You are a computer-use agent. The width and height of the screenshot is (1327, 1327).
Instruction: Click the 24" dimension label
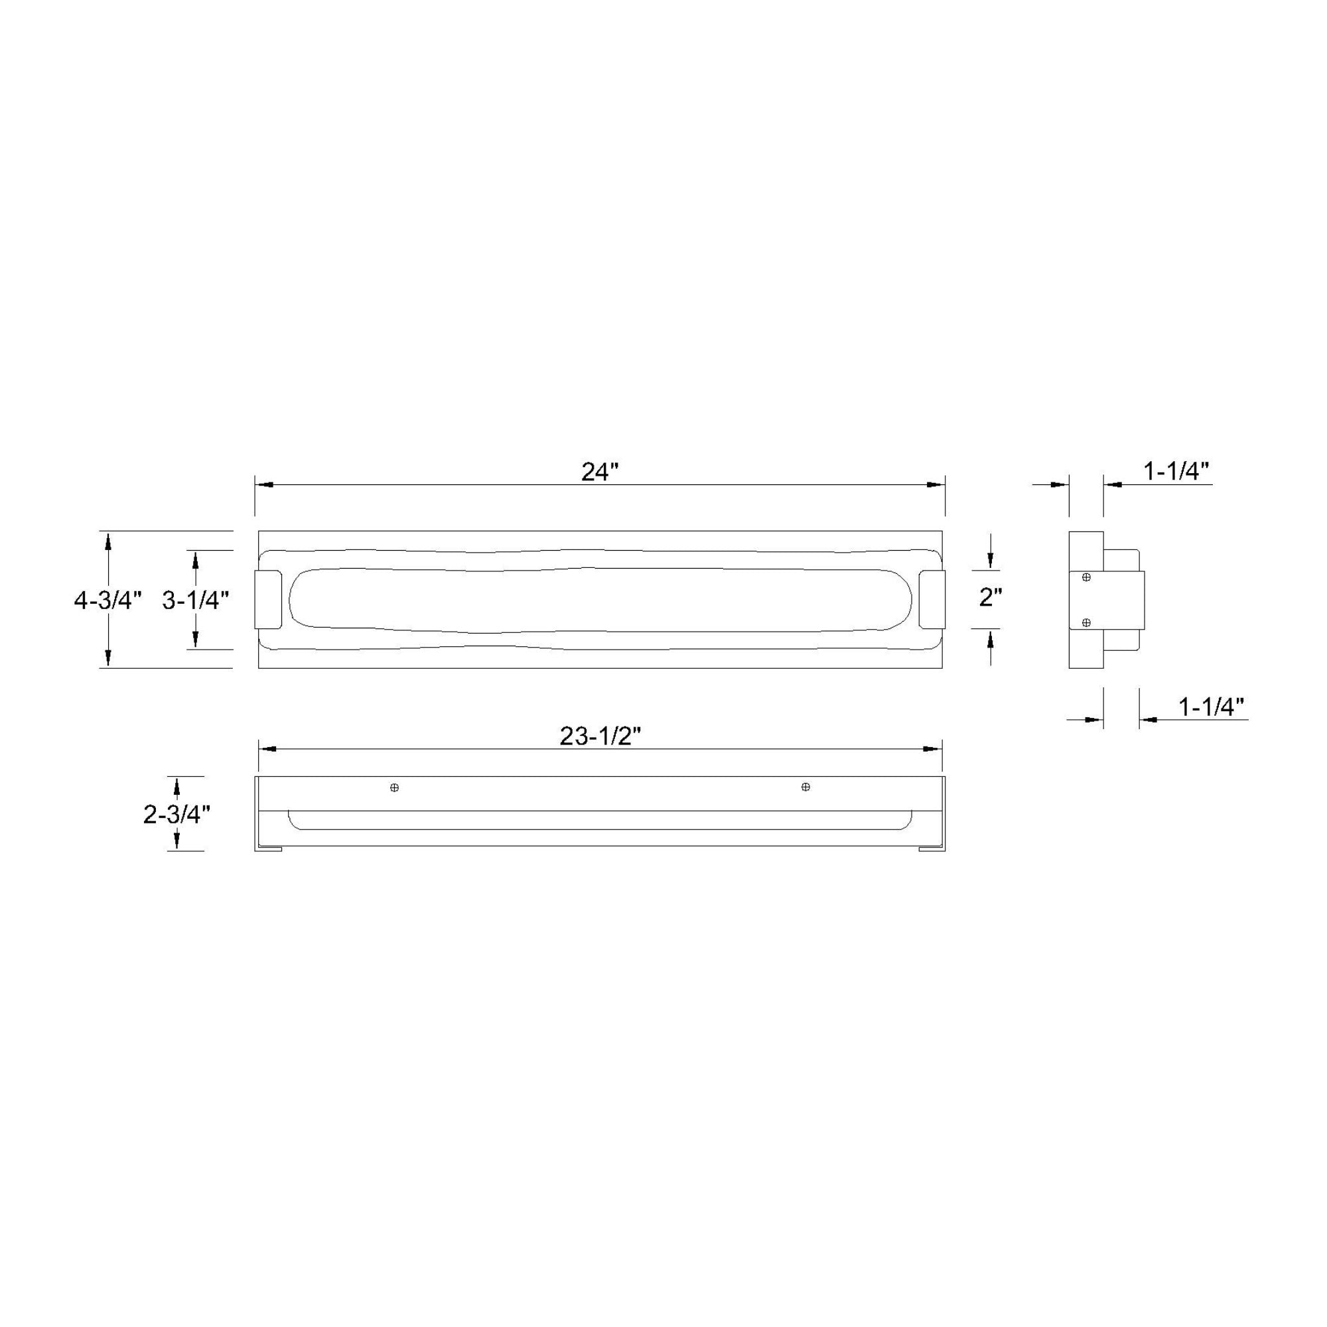point(600,472)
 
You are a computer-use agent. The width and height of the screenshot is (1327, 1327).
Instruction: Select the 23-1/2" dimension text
point(600,736)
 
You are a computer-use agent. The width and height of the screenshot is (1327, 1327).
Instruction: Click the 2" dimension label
point(991,598)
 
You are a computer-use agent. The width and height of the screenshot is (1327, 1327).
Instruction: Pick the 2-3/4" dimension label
point(176,815)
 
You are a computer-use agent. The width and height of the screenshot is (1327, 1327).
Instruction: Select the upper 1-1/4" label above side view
point(1176,471)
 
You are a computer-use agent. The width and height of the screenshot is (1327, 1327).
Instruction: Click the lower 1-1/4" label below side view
point(1212,707)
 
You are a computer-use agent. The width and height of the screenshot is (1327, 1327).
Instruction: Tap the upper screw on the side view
point(1086,578)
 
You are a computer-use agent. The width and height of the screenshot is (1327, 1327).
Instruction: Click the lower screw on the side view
point(1086,623)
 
